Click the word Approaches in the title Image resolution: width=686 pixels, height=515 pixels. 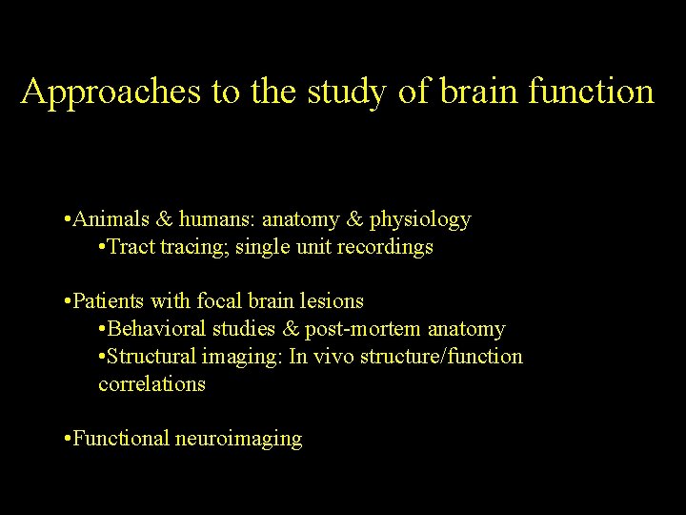111,92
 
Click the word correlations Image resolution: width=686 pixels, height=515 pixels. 151,384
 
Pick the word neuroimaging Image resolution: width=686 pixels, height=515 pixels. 238,439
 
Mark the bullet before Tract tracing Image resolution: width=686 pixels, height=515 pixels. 102,247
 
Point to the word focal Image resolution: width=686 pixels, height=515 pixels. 219,301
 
